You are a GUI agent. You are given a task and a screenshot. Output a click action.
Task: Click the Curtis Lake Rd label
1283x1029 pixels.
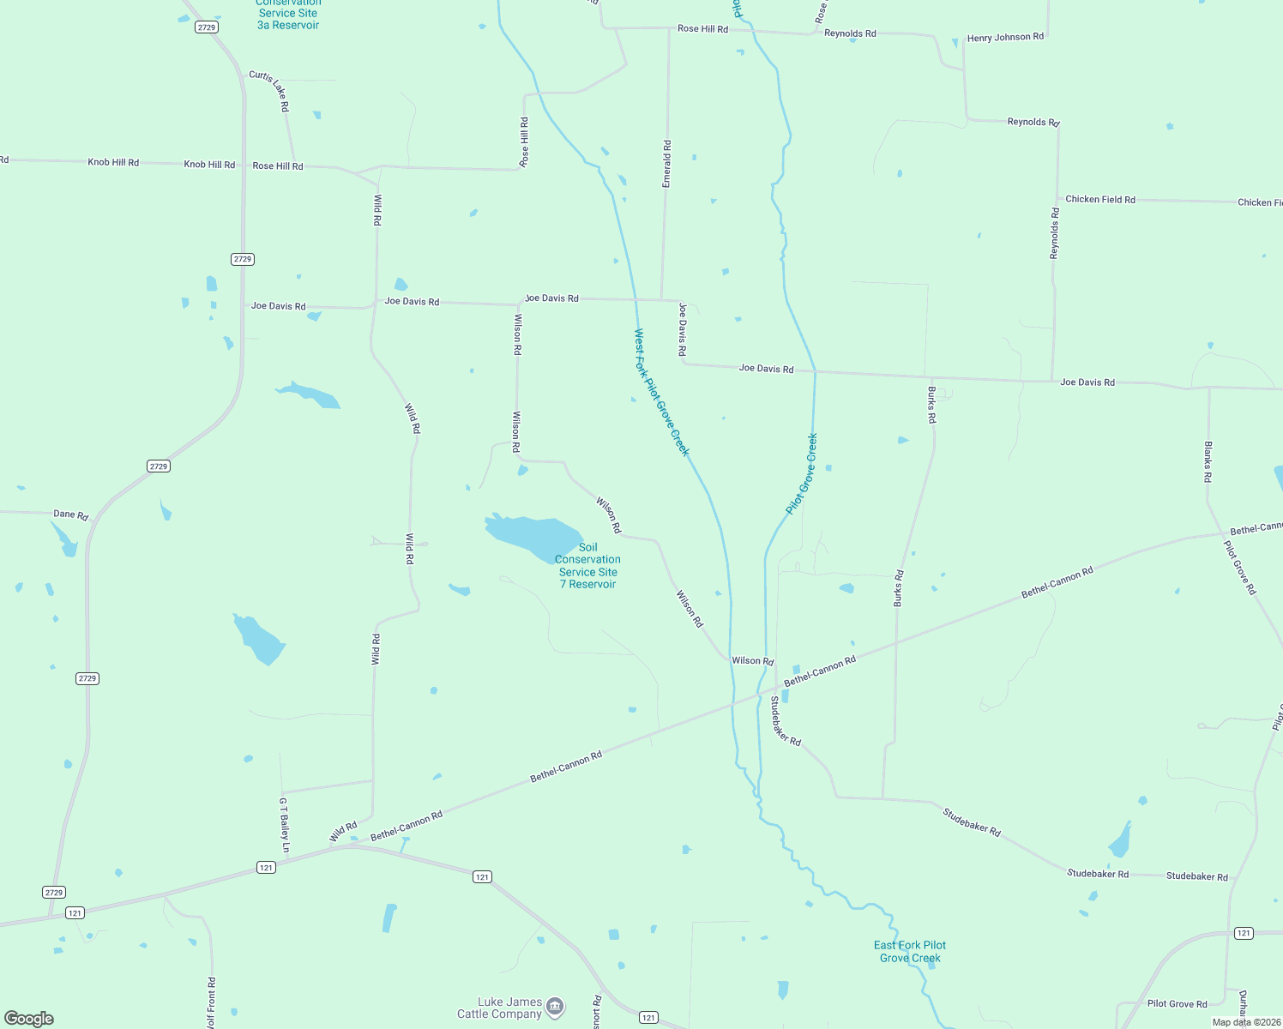269,91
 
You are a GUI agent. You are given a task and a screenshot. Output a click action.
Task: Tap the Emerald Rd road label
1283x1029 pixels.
667,164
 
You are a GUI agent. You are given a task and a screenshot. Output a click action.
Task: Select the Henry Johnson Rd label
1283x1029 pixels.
1005,38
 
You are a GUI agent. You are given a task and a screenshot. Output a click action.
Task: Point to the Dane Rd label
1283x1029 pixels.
70,514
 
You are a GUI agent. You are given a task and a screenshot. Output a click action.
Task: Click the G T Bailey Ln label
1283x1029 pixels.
285,826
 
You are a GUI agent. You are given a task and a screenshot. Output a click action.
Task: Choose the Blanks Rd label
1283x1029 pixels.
1208,461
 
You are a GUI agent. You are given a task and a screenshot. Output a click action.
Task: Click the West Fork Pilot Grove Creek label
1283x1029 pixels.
661,393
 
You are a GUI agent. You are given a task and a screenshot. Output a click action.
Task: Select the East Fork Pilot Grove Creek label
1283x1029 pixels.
910,951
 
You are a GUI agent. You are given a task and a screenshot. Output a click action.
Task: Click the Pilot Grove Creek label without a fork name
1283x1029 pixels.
802,473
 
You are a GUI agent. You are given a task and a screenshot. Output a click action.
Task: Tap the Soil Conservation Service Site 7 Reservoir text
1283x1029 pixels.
587,566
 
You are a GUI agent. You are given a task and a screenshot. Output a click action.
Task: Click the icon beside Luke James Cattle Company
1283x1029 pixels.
555,1006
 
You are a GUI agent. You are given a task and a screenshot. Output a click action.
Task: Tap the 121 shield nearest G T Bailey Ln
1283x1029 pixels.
266,868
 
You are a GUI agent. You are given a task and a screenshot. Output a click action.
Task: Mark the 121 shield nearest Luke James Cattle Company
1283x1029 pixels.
648,1018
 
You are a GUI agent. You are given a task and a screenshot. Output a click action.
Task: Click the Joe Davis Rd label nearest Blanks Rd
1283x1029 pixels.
1087,382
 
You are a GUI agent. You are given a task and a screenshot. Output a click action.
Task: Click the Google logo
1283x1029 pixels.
29,1018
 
